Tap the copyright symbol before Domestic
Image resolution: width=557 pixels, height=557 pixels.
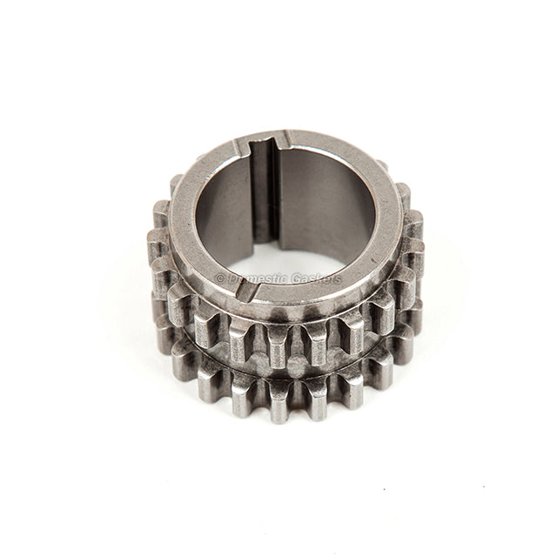coord(220,278)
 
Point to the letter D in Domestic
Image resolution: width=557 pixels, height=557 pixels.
coord(232,278)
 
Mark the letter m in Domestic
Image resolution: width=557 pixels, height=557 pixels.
coord(251,279)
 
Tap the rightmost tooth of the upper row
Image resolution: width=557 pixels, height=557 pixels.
coord(410,261)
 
